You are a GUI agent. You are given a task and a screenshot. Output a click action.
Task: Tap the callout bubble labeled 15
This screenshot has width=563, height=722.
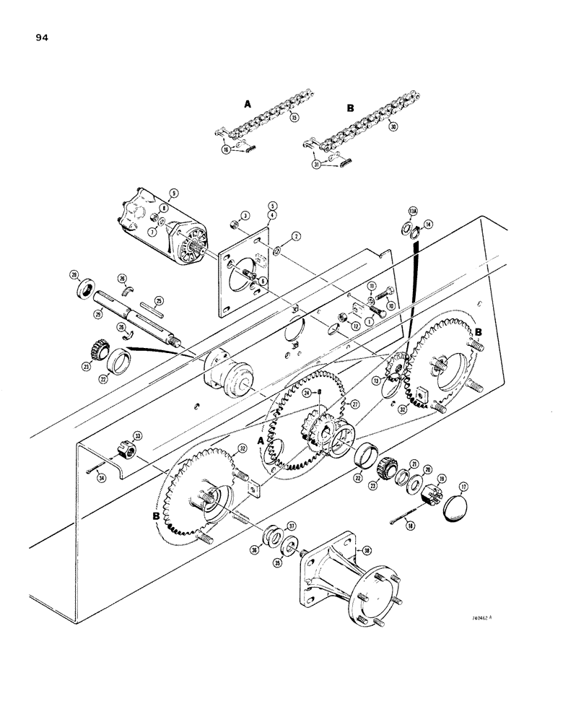click(x=292, y=118)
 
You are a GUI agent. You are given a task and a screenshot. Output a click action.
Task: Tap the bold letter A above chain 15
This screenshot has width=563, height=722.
click(x=248, y=104)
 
